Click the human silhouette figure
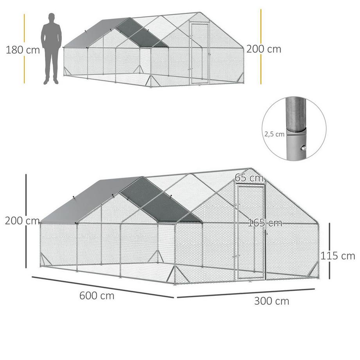pos(51,49)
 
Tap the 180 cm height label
pos(23,50)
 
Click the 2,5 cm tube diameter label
pos(274,134)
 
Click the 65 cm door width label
pos(249,177)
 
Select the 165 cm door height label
pos(265,223)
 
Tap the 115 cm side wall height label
pos(338,256)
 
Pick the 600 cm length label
pos(97,295)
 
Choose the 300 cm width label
pos(272,301)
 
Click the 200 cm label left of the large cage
pos(22,221)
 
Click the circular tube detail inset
pos(294,129)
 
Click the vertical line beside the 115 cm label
pos(329,250)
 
